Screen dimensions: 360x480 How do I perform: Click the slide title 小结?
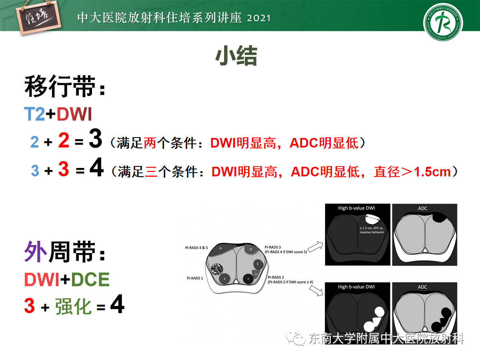click(x=236, y=57)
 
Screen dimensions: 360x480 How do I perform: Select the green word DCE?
click(x=90, y=280)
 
